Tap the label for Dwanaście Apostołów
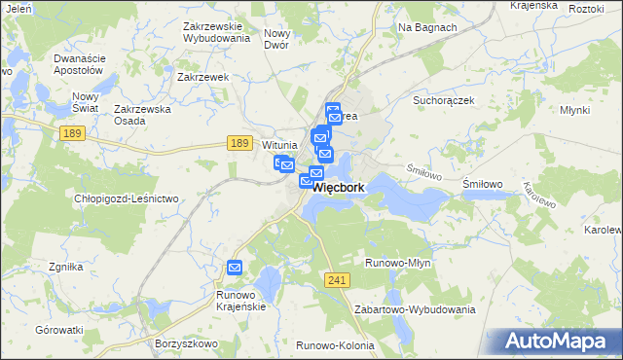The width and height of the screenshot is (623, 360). (78, 64)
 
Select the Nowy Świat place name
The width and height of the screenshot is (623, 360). (87, 102)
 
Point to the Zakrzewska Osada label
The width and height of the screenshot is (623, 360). (143, 115)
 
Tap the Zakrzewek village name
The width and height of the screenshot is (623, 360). (202, 76)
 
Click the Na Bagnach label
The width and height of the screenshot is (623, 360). (427, 27)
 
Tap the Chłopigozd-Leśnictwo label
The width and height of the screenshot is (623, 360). (128, 198)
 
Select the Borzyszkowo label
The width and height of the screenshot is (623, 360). (185, 343)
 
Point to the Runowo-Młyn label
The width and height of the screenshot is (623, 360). (397, 263)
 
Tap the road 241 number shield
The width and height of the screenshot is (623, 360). (337, 280)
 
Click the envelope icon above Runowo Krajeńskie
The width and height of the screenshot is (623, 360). (235, 268)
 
